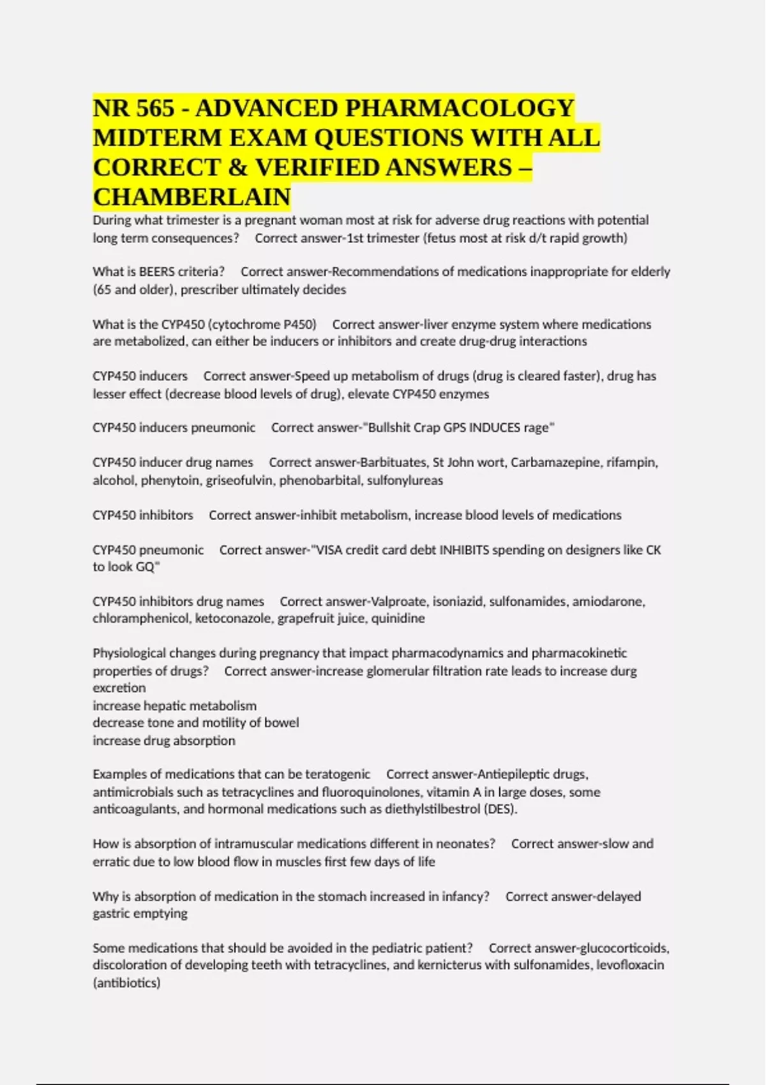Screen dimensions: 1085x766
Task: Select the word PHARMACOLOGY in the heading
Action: pos(460,108)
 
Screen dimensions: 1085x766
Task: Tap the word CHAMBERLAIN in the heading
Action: pos(191,197)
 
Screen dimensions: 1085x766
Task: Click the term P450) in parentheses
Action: pos(299,324)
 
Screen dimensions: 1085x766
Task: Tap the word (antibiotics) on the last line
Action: pos(126,983)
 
